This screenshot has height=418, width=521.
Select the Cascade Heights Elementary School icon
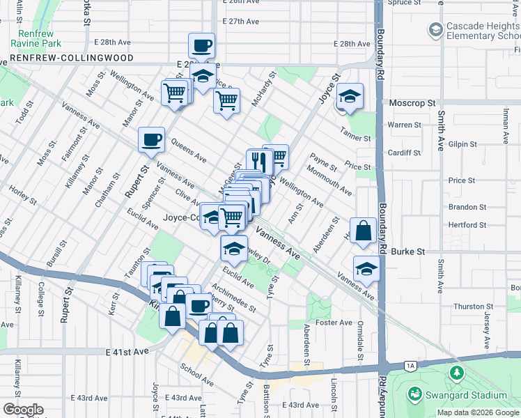[x=435, y=29]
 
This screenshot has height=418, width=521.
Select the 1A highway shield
[x=411, y=366]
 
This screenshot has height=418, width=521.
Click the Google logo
[x=22, y=410]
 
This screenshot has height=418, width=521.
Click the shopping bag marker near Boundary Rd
[x=364, y=231]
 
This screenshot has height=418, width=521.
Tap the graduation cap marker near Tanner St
[x=350, y=96]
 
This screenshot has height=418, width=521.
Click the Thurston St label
[x=469, y=307]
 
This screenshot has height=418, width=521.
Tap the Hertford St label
[x=467, y=225]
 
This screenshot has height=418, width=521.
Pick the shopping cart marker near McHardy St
[x=226, y=101]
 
